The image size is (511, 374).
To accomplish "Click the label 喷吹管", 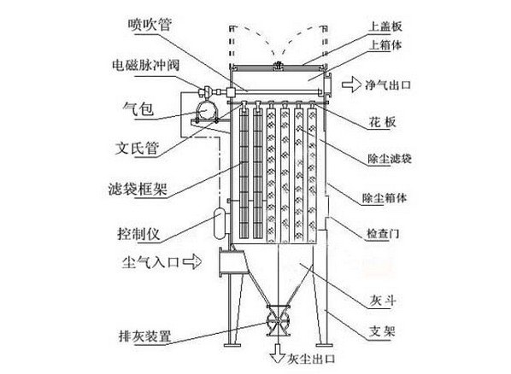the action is pyautogui.click(x=150, y=25).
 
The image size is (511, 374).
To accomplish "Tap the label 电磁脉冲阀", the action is pyautogui.click(x=145, y=65).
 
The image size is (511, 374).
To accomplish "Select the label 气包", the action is pyautogui.click(x=138, y=108).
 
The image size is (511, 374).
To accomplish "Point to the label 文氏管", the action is pyautogui.click(x=138, y=149).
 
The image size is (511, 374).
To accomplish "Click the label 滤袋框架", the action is pyautogui.click(x=138, y=189).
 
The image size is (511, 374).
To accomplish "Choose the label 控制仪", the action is pyautogui.click(x=138, y=234).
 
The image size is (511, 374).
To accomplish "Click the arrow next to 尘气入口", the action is pyautogui.click(x=192, y=261).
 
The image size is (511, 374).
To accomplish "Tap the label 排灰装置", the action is pyautogui.click(x=144, y=336).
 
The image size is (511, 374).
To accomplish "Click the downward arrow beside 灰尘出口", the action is pyautogui.click(x=278, y=354).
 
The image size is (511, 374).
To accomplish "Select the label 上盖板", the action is pyautogui.click(x=385, y=26).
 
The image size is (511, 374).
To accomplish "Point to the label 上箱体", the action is pyautogui.click(x=385, y=45).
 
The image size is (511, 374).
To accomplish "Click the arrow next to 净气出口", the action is pyautogui.click(x=351, y=85).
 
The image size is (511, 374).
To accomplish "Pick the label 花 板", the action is pyautogui.click(x=382, y=121).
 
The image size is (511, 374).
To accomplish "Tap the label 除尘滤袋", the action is pyautogui.click(x=390, y=159).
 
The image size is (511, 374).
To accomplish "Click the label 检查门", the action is pyautogui.click(x=383, y=233).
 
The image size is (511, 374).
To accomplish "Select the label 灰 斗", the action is pyautogui.click(x=383, y=300).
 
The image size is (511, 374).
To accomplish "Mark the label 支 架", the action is pyautogui.click(x=382, y=331).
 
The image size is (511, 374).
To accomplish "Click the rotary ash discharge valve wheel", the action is pyautogui.click(x=278, y=322).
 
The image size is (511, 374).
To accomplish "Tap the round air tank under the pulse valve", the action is pyautogui.click(x=205, y=111).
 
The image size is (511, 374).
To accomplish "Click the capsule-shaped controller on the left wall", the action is pyautogui.click(x=220, y=224).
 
